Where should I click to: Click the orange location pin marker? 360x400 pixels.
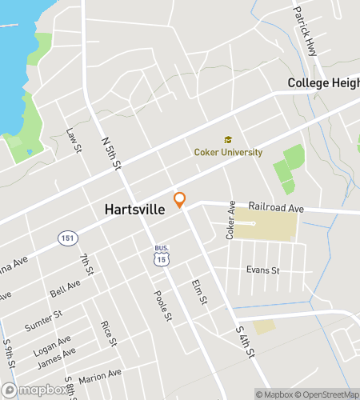pos(180,200)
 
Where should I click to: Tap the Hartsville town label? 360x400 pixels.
pos(134,210)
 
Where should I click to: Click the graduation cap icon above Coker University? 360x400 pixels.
pos(228,140)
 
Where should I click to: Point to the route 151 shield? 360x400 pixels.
pos(66,238)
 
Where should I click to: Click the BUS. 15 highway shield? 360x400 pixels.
pos(162,255)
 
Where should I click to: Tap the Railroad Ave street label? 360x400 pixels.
pos(275,206)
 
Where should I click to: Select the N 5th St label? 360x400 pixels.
pos(110,152)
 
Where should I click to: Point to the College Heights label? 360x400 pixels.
pos(323,83)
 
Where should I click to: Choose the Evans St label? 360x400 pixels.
pos(262,270)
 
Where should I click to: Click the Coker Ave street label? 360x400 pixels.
pos(230,220)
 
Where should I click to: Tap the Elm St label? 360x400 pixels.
pos(199,292)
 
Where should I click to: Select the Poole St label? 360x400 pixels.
pos(162,305)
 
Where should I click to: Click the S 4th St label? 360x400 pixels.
pos(244,342)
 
